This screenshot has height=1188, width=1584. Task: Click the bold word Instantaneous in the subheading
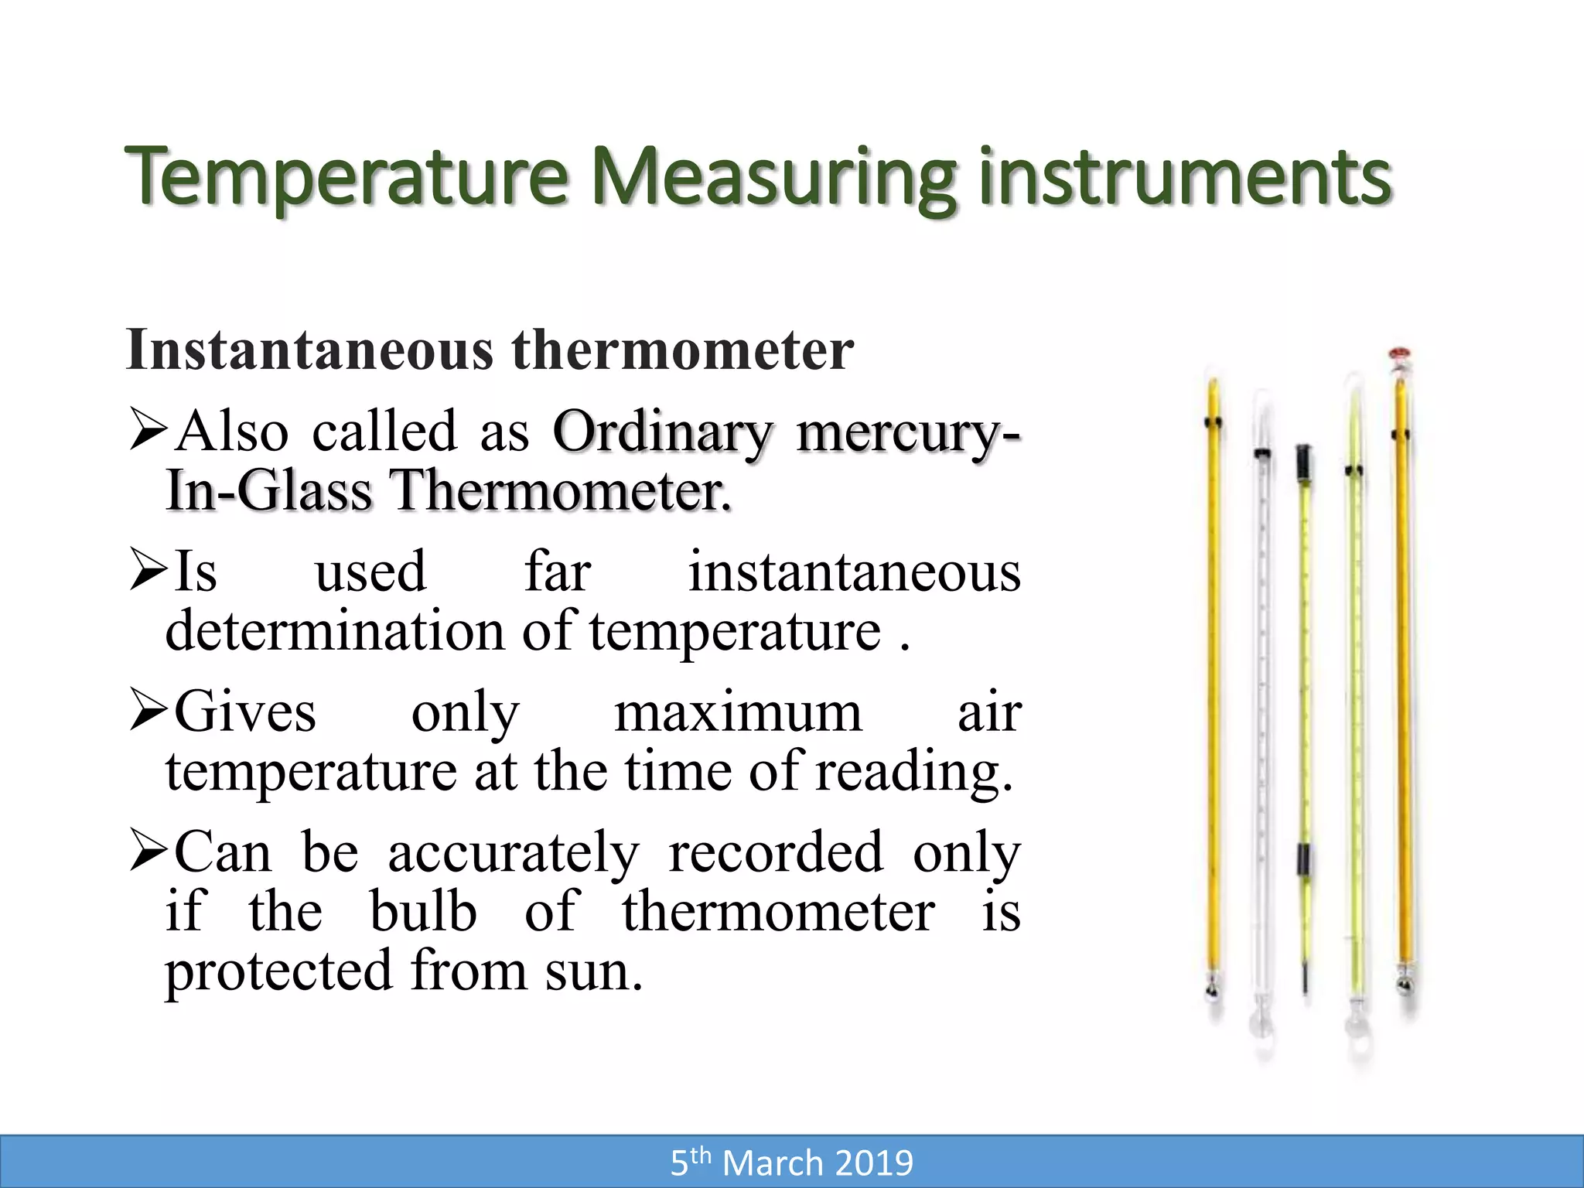tap(309, 350)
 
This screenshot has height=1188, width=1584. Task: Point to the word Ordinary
tap(662, 431)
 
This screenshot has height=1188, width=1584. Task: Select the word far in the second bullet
tap(558, 572)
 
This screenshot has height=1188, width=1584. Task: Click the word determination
tap(335, 631)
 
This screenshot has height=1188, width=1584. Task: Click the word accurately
tap(514, 852)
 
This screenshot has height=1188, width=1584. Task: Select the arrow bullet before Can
tap(148, 852)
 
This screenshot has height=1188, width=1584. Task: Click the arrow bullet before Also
tap(148, 431)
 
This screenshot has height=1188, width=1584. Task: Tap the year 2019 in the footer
tap(874, 1163)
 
